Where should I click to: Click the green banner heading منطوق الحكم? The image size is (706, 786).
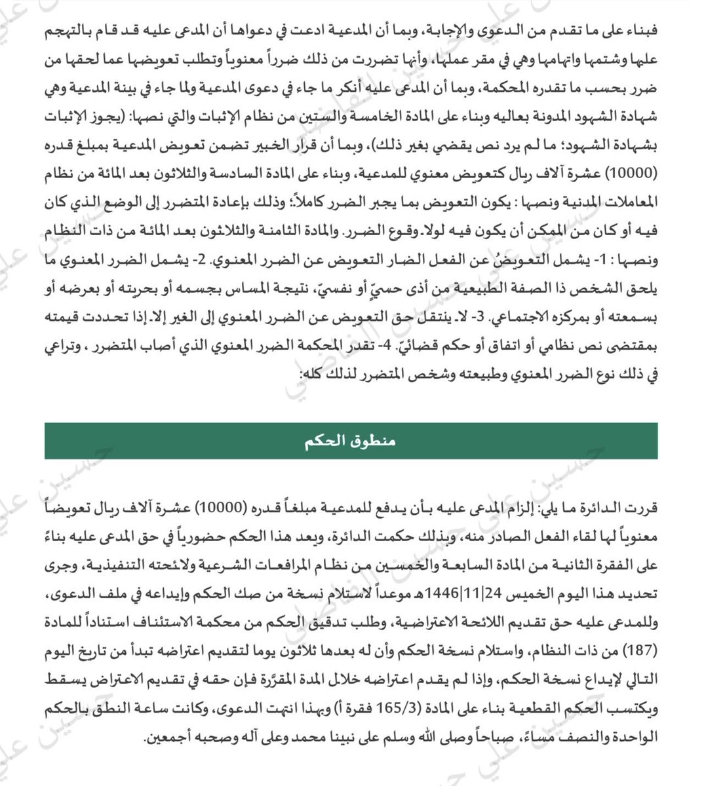point(352,441)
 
